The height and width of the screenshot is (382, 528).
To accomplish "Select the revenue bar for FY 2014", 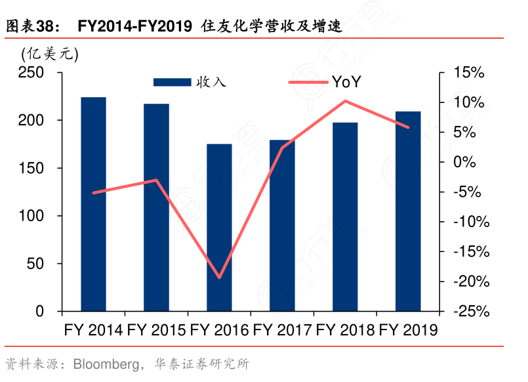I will tap(93, 204).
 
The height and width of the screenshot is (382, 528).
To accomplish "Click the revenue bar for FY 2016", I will tap(219, 227).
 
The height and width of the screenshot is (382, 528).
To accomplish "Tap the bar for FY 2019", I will tap(408, 211).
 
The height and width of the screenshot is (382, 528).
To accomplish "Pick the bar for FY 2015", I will tap(156, 207).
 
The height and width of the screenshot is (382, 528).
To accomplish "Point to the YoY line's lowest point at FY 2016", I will tap(219, 278).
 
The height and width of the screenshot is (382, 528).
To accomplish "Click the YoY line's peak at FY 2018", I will tap(345, 101).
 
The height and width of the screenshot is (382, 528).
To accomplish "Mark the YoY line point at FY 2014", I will tap(93, 192).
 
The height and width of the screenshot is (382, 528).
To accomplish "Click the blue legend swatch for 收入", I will tap(172, 82).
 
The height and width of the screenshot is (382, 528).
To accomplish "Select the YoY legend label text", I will tap(346, 82).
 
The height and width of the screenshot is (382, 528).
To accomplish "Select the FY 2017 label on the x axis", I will tap(282, 329).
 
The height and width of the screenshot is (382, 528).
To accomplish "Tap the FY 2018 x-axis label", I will tap(345, 329).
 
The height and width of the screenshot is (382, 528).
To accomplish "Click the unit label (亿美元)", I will tap(50, 55).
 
